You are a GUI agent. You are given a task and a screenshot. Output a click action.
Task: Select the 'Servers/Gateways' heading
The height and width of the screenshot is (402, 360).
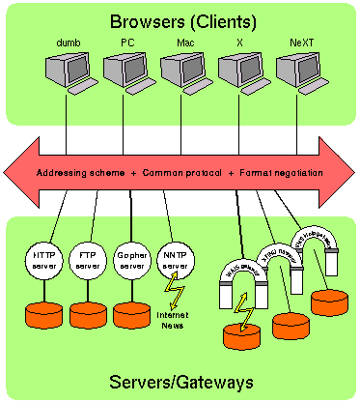(180, 383)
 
